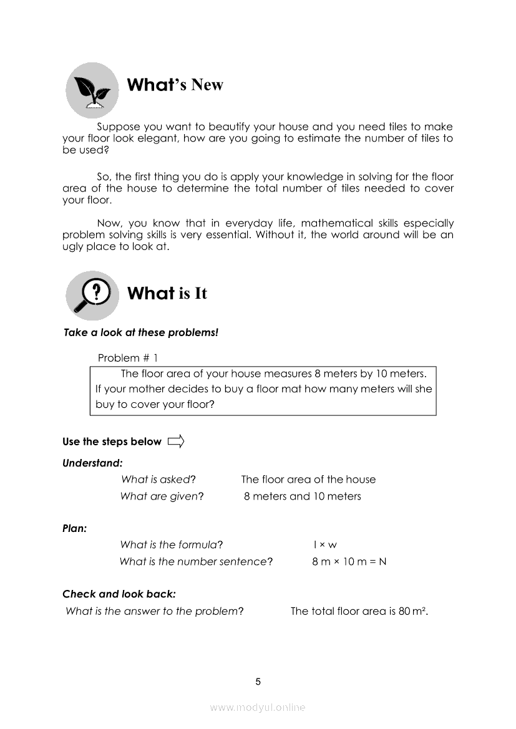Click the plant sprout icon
point(92,91)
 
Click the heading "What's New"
point(175,85)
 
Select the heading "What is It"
point(167,293)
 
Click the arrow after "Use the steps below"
point(176,442)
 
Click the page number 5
point(258,682)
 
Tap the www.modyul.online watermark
point(258,707)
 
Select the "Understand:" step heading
point(92,463)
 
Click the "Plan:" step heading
point(74,528)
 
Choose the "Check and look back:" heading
point(119,594)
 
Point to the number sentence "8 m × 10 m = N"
point(349,561)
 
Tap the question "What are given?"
point(162,496)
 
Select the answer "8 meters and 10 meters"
point(302,496)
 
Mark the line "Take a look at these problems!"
point(141,332)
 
